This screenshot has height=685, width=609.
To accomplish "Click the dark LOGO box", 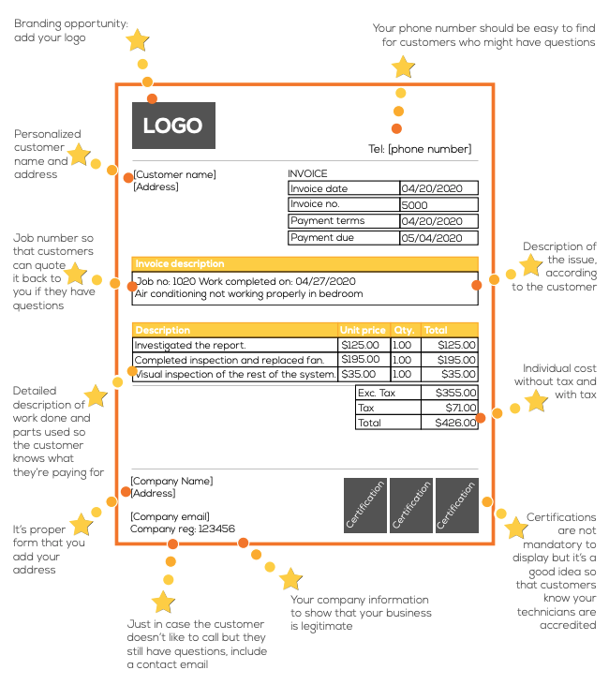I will (173, 126).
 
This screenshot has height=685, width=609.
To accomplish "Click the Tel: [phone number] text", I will (420, 149).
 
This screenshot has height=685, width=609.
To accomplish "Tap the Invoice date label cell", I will (344, 189).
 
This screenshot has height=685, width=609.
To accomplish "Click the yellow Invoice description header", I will (304, 264).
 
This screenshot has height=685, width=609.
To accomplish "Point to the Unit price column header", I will (363, 330).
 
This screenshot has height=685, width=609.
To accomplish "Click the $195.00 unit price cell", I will (360, 360).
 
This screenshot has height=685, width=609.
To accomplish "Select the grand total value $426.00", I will (455, 424).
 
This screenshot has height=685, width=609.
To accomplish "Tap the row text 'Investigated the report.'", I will (190, 345).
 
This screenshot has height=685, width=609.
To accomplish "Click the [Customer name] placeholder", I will (175, 174).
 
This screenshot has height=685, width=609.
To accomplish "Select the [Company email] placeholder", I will (170, 516).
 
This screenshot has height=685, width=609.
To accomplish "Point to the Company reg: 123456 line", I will (183, 529).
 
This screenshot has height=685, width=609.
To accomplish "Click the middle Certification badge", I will (410, 506).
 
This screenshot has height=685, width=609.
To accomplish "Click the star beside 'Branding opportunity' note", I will (138, 40).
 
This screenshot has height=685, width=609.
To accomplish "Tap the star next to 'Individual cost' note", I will (536, 401).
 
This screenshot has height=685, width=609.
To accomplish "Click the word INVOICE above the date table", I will (307, 173).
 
